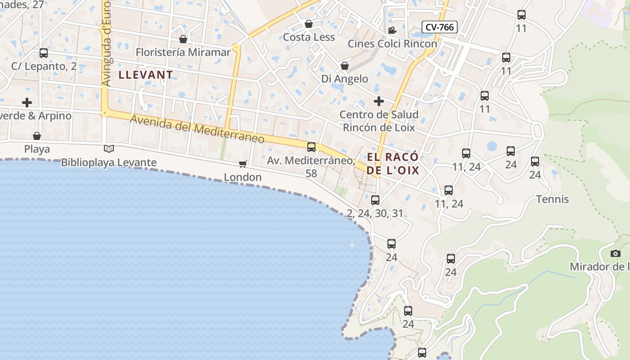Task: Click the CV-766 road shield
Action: tap(440, 27)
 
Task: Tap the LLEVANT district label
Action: tap(146, 75)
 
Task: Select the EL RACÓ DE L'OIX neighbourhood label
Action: tap(393, 163)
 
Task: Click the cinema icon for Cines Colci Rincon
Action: tap(392, 30)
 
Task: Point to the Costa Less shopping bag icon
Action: tap(309, 24)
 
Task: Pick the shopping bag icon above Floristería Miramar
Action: tap(183, 39)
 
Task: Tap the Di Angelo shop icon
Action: tap(345, 66)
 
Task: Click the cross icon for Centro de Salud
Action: tap(379, 101)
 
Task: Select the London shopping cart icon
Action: tap(243, 164)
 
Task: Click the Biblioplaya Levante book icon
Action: tap(108, 148)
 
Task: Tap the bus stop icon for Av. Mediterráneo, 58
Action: tap(311, 147)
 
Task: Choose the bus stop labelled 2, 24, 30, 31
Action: tap(375, 200)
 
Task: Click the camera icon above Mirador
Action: tap(616, 254)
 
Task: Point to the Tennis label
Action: tap(553, 199)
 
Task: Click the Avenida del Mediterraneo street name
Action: tap(197, 129)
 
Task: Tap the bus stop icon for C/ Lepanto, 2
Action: tap(44, 53)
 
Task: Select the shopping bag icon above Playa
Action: tap(37, 136)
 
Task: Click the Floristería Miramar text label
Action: tap(183, 52)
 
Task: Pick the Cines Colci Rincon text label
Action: tap(392, 44)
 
